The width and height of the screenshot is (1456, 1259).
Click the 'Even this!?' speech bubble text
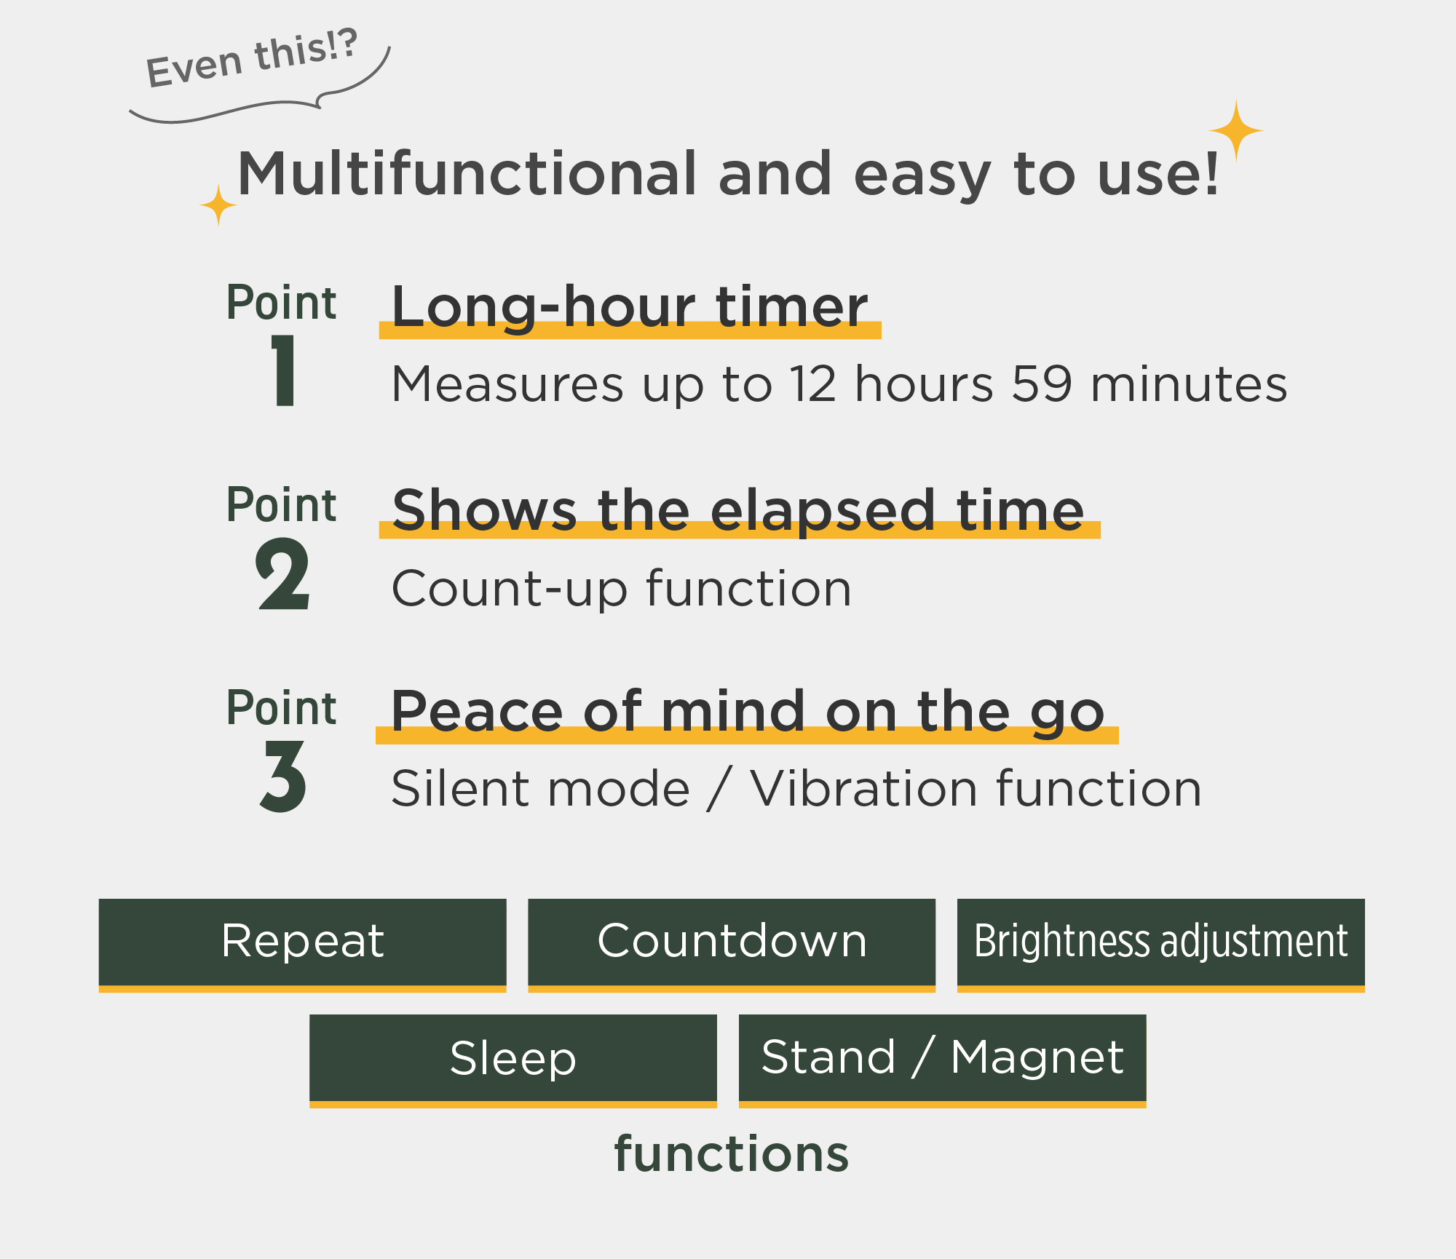point(252,57)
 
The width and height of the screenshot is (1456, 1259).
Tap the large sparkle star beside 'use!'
point(1236,131)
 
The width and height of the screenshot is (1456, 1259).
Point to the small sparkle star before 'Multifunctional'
point(218,205)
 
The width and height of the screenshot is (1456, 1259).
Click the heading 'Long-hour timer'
point(630,307)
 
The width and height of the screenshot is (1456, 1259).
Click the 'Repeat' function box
point(302,944)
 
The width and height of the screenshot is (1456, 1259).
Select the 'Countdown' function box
point(732,944)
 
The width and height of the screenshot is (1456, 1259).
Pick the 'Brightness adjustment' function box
point(1161,944)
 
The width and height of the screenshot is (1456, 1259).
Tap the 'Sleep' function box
point(513,1060)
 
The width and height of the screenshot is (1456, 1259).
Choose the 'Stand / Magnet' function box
point(943,1060)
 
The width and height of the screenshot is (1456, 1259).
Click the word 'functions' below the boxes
point(732,1154)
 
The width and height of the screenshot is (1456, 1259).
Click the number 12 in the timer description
point(813,384)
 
